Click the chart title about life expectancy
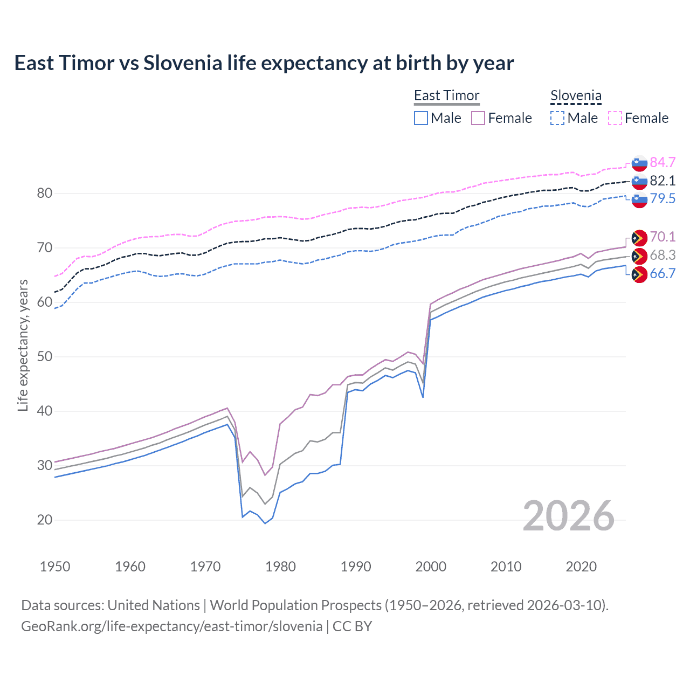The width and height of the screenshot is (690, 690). click(264, 63)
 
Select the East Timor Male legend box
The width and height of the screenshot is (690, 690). click(421, 118)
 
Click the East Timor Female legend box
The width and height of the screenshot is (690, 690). click(478, 118)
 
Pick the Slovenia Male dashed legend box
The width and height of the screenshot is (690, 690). click(557, 118)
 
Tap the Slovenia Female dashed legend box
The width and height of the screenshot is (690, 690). click(615, 118)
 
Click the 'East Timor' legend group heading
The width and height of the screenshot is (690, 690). click(446, 95)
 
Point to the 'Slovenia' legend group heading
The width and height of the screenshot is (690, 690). click(576, 95)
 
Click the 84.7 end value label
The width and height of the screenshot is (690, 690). click(663, 162)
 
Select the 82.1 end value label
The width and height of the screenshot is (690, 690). click(663, 181)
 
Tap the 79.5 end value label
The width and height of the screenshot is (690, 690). click(663, 198)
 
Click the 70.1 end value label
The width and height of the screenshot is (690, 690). click(663, 237)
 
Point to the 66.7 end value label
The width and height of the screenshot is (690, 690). click(663, 273)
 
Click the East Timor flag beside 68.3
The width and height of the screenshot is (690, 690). click(639, 256)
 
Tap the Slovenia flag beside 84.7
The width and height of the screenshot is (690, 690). click(639, 162)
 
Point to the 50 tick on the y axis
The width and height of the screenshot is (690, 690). click(45, 356)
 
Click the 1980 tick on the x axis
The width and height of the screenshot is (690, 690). click(280, 567)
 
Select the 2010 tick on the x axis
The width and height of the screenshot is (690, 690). click(506, 567)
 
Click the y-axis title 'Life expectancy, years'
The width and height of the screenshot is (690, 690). click(23, 345)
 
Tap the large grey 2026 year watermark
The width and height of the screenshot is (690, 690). click(568, 516)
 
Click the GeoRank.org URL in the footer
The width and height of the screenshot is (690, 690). click(171, 626)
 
